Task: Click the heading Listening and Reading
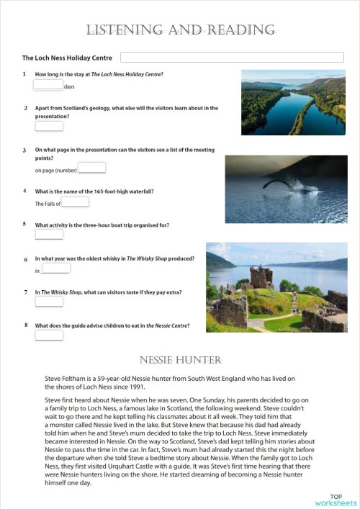click(180, 30)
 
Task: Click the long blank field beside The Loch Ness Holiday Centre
click(232, 58)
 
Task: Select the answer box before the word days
click(48, 84)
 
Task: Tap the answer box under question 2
click(49, 126)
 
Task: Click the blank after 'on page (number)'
click(91, 168)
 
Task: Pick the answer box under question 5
click(49, 234)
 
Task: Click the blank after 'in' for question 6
click(55, 269)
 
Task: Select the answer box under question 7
click(49, 302)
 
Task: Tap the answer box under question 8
click(49, 335)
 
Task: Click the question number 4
click(24, 191)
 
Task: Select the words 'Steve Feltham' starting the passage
click(63, 377)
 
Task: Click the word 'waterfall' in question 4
click(139, 192)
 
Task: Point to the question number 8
click(24, 325)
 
